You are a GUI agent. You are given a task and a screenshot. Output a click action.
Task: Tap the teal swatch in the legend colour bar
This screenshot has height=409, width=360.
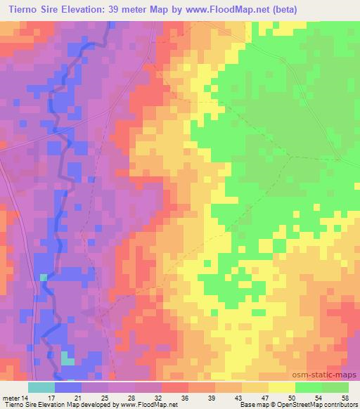[41, 387]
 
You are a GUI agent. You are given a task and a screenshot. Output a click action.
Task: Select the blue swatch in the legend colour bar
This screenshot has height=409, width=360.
[67, 387]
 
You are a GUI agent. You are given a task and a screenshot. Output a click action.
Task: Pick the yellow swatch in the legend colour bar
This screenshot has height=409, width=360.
[281, 387]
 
